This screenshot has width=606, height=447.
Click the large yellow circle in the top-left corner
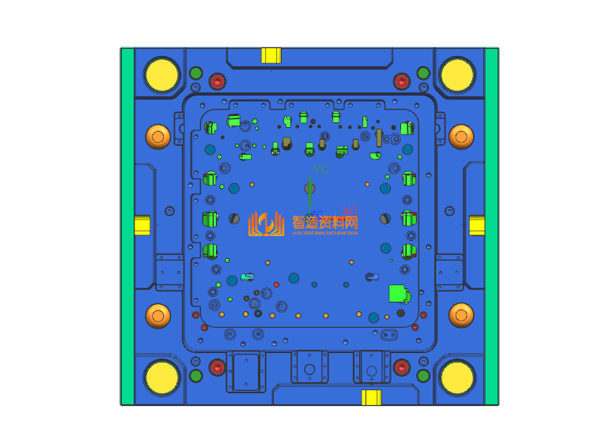coord(162,74)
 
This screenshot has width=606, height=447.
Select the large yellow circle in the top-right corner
coord(456,74)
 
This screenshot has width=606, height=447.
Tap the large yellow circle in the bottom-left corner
coord(162,377)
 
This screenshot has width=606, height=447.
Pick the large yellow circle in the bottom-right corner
coord(456,377)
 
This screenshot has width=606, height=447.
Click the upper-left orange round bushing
coord(157,137)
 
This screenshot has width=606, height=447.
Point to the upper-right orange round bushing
coord(461,137)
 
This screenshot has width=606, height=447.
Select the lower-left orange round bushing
coord(157,316)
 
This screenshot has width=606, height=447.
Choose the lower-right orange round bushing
coord(461,316)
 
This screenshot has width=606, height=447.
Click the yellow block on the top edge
coord(271,55)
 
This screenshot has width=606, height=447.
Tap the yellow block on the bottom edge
coord(371,397)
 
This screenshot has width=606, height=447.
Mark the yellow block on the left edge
coord(142,225)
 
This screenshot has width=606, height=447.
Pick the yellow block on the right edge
coord(477,226)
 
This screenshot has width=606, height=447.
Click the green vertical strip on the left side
coord(127,226)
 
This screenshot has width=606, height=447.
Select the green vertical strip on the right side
coord(491,226)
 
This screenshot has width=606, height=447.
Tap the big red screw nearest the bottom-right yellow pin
coord(402,367)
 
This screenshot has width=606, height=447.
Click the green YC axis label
coord(320,170)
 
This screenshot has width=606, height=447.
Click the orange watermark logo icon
coord(267,224)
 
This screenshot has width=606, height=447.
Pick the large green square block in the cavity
coord(397,294)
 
